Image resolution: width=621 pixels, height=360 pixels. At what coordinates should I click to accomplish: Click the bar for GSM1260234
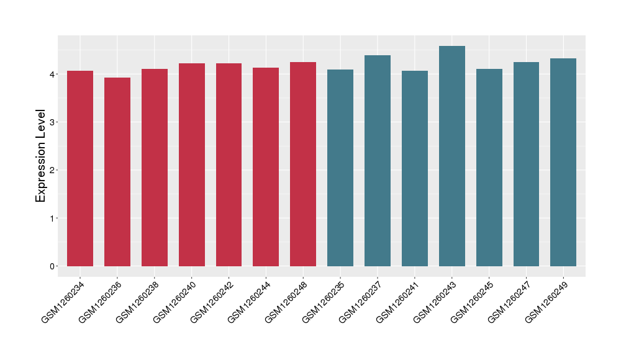pyautogui.click(x=80, y=168)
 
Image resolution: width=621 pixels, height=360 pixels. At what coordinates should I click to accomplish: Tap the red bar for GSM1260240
pyautogui.click(x=192, y=164)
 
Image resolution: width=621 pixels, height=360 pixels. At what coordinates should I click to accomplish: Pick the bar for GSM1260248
pyautogui.click(x=303, y=164)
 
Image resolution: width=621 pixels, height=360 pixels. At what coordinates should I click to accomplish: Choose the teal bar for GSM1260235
pyautogui.click(x=340, y=168)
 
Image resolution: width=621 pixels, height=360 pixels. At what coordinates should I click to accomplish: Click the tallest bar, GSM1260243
pyautogui.click(x=452, y=156)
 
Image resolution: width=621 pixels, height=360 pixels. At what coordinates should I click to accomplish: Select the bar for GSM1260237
pyautogui.click(x=378, y=161)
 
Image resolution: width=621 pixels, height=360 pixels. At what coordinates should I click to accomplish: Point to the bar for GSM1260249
pyautogui.click(x=563, y=162)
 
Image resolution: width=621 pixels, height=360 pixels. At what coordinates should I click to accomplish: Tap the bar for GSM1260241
pyautogui.click(x=415, y=168)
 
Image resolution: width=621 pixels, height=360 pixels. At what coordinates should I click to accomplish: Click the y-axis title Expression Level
pyautogui.click(x=41, y=156)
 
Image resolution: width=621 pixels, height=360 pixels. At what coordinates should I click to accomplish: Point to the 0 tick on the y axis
pyautogui.click(x=52, y=266)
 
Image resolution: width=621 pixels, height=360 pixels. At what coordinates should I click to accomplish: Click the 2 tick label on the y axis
pyautogui.click(x=52, y=170)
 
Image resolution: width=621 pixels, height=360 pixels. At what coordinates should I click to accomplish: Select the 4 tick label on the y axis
pyautogui.click(x=52, y=74)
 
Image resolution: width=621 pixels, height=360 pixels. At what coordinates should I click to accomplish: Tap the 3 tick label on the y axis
pyautogui.click(x=52, y=122)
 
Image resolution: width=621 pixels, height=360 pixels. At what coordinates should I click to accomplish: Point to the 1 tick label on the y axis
pyautogui.click(x=52, y=218)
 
